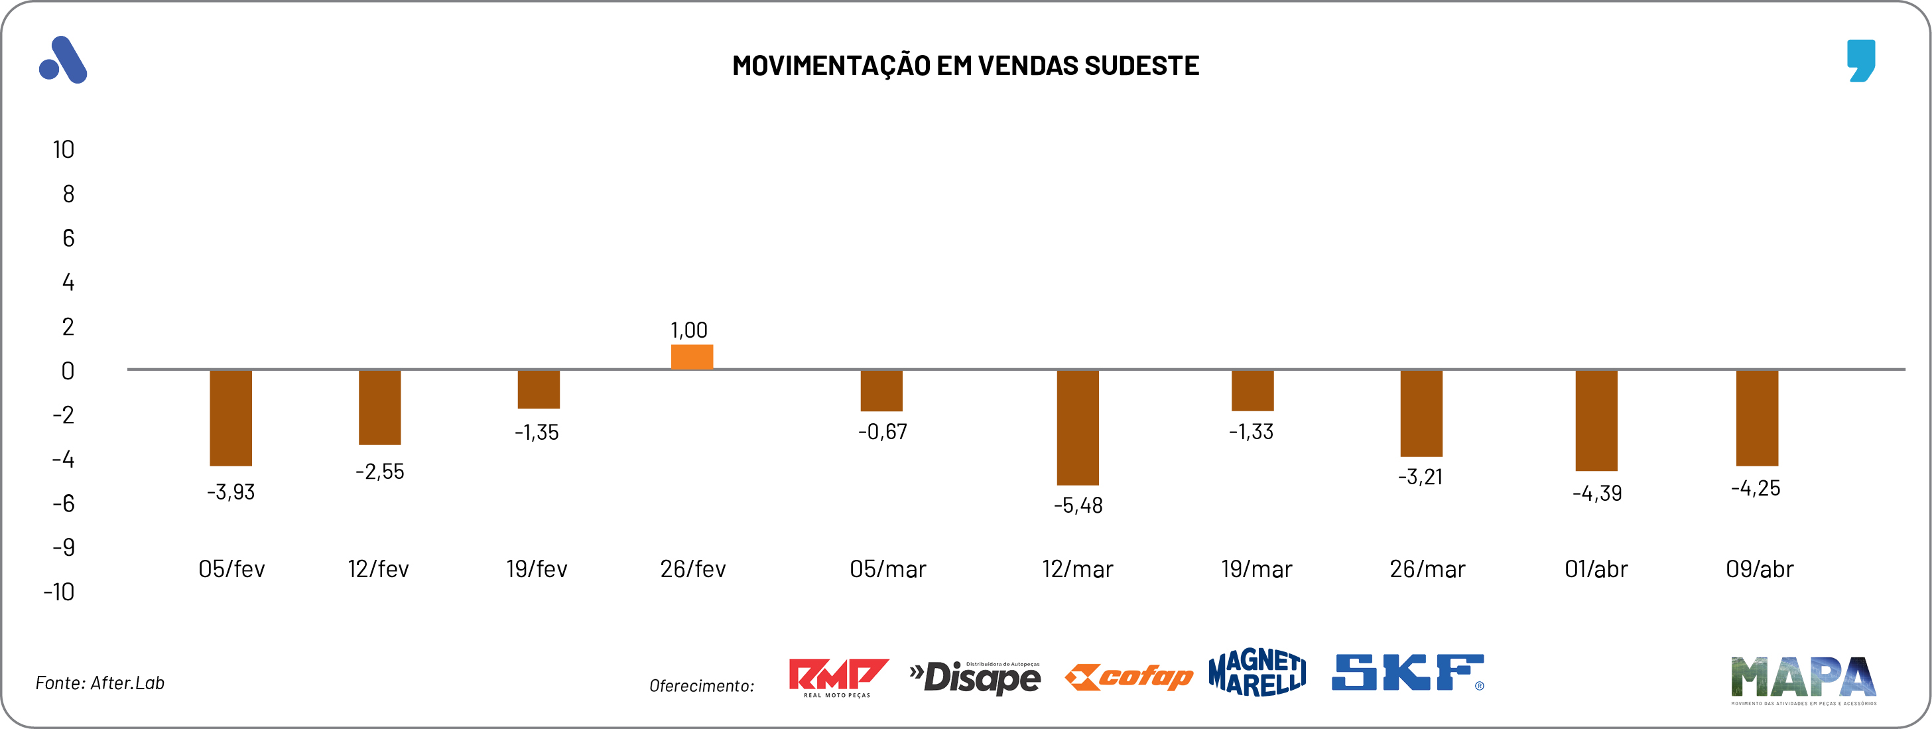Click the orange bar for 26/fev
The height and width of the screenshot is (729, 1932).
692,357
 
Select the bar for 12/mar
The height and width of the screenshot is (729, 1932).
1077,427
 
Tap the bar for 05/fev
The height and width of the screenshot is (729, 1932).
230,418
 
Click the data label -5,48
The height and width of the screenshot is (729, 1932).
1078,505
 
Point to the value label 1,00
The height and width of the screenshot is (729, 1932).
688,330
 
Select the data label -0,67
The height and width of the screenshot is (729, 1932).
882,432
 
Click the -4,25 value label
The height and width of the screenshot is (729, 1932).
1755,488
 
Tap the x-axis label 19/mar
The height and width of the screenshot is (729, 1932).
1256,569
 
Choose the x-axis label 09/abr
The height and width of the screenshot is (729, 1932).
1760,569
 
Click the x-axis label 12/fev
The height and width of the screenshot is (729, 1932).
378,569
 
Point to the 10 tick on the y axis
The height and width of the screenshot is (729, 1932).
64,150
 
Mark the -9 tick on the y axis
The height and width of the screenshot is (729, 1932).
64,547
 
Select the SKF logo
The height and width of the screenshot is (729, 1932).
1407,673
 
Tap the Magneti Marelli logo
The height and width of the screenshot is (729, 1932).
1257,673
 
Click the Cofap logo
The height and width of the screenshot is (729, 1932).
1129,677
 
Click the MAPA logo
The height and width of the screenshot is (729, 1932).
1803,679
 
